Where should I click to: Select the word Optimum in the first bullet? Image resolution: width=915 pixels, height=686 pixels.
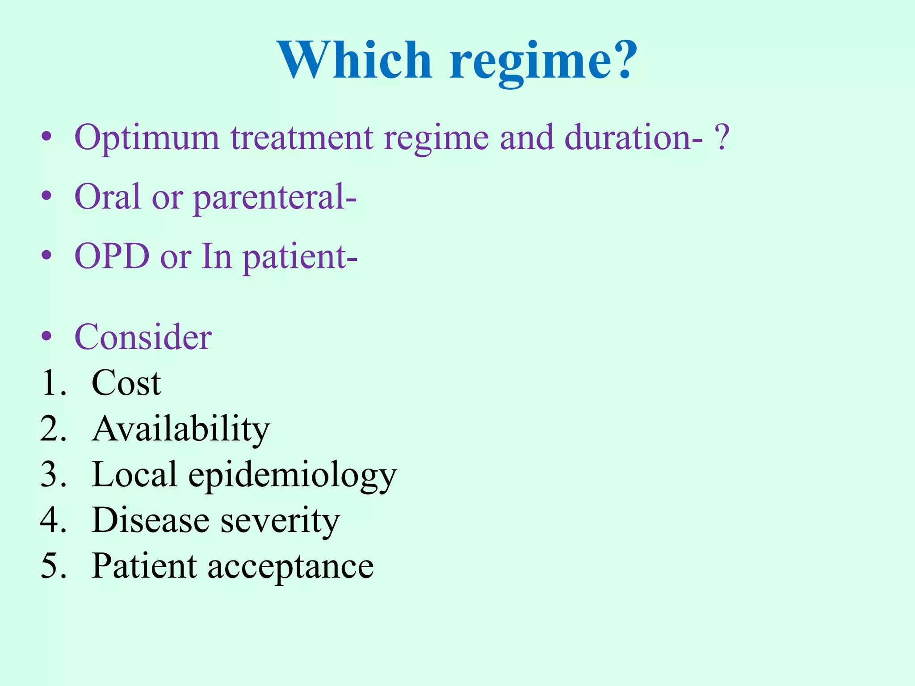[x=147, y=138]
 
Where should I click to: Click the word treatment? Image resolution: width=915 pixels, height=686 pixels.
[x=302, y=138]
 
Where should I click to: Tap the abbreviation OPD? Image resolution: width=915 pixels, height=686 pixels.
[x=112, y=256]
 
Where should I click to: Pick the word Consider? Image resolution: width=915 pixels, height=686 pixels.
[x=143, y=337]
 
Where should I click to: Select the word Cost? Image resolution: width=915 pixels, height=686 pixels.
[x=126, y=383]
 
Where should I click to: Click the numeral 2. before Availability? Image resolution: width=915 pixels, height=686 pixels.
[x=53, y=429]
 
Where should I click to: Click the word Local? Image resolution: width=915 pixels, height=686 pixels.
[x=134, y=474]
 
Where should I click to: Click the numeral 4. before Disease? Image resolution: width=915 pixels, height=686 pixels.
[x=53, y=520]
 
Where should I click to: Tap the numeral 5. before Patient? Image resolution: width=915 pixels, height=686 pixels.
[x=53, y=566]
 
